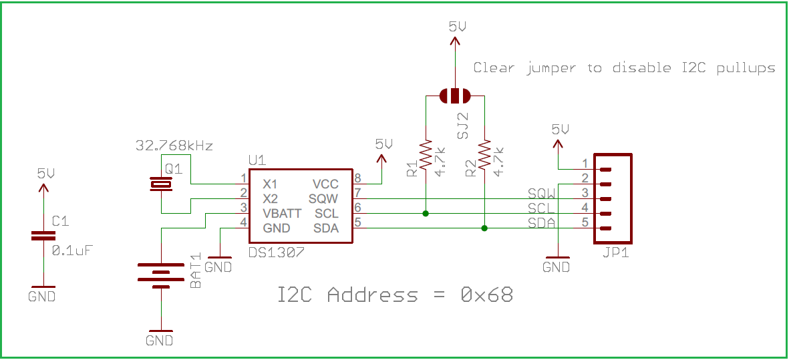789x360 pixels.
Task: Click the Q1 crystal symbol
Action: tap(161, 184)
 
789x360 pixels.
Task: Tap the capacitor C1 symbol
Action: tap(43, 237)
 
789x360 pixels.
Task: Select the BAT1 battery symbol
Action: tap(161, 275)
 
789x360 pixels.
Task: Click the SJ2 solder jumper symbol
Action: tap(455, 96)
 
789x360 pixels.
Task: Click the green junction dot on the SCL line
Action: tap(426, 214)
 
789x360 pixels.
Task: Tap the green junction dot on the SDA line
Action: tap(484, 228)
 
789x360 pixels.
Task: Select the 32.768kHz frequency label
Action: tap(174, 146)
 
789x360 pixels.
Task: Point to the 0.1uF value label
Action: tap(73, 250)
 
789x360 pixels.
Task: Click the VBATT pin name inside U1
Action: tap(282, 214)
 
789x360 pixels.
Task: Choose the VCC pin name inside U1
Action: tap(325, 184)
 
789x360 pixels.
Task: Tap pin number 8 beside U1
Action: tap(358, 178)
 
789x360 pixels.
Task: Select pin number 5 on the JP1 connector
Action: tap(585, 222)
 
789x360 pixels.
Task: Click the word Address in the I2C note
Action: tap(372, 295)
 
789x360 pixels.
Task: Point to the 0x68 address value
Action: tap(486, 295)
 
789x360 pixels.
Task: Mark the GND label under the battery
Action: tap(160, 341)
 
